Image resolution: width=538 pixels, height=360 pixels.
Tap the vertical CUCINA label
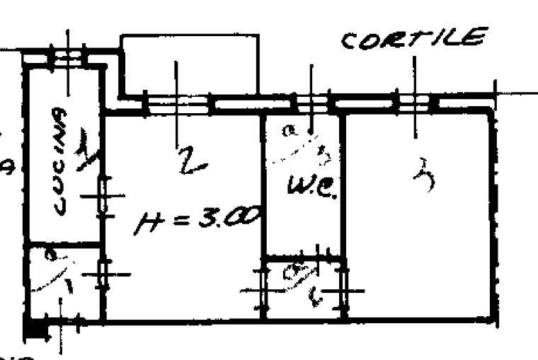pos(60,161)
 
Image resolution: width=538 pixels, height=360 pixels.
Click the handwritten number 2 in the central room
pos(190,158)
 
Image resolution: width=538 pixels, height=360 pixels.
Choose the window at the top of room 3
pos(414,103)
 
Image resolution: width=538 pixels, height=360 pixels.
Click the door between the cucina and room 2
pos(103,196)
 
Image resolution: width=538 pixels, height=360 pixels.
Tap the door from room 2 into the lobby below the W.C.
pos(263,289)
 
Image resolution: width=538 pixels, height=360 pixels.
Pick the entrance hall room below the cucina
pos(62,283)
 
